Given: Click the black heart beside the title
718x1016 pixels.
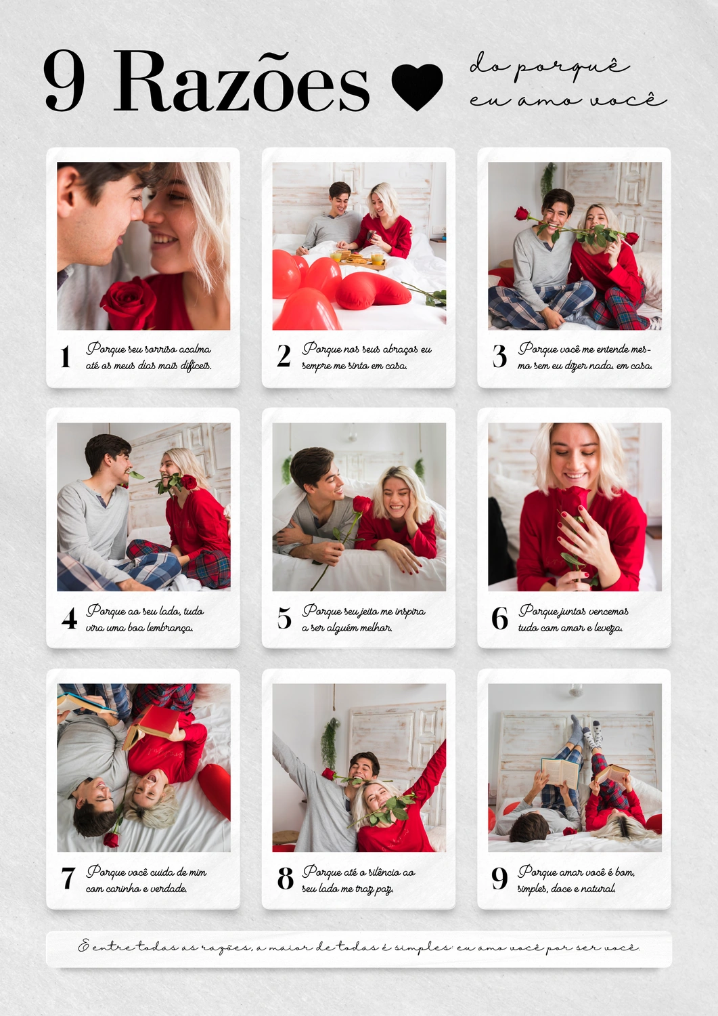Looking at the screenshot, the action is click(x=417, y=86).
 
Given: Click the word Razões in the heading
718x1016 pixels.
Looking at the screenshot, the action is click(x=241, y=82).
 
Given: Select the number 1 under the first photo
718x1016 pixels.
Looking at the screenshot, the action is click(x=65, y=356).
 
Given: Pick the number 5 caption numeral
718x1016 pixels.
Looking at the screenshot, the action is click(x=284, y=618).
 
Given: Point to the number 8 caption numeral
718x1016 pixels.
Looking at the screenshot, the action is click(x=285, y=879).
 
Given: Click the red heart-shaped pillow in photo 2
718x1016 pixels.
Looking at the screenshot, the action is click(x=376, y=291).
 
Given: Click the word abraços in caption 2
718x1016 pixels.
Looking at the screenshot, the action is click(x=400, y=350).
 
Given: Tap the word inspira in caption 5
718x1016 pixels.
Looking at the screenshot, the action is click(x=410, y=612).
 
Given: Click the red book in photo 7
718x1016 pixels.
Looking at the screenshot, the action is click(x=152, y=725).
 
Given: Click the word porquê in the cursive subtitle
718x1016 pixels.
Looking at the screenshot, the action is click(x=574, y=69).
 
